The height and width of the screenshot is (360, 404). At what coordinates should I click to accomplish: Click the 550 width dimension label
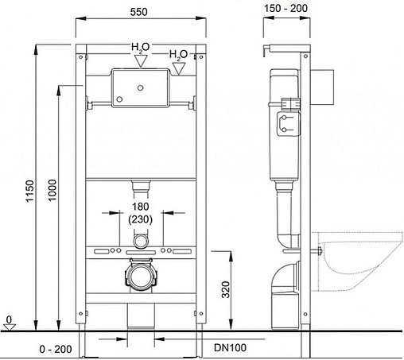click(138, 12)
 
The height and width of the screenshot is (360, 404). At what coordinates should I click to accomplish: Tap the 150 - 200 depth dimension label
click(286, 8)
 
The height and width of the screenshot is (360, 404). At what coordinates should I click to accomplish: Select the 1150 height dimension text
click(29, 191)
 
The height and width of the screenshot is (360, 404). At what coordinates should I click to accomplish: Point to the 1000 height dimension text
click(52, 190)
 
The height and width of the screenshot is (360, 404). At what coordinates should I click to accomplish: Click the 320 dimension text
click(226, 289)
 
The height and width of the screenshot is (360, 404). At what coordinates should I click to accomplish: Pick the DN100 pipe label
click(230, 347)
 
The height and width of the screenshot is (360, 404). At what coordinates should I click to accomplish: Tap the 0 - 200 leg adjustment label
click(56, 349)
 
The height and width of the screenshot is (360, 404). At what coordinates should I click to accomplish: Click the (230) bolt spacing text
click(140, 219)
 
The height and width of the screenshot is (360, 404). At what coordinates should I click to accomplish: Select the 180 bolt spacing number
click(140, 207)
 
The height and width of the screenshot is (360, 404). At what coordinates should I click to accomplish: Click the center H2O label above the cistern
click(141, 47)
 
